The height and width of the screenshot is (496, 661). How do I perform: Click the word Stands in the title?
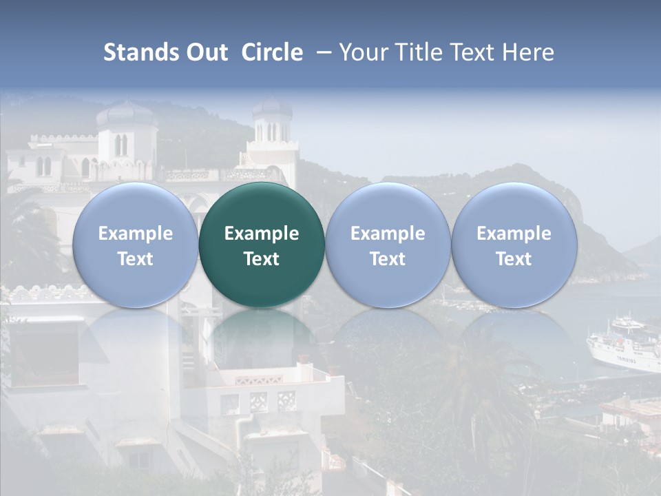[x=140, y=52]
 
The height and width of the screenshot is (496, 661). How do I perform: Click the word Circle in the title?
[x=272, y=52]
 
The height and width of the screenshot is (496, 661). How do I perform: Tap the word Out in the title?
[x=205, y=52]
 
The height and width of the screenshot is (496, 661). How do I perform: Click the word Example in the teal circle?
[x=262, y=234]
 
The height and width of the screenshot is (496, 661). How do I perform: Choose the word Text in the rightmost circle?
[x=514, y=259]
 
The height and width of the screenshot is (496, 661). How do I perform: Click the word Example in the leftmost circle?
[x=135, y=234]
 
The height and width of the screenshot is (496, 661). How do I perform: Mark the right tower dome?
[x=273, y=108]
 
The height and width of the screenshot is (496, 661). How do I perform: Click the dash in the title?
[x=321, y=52]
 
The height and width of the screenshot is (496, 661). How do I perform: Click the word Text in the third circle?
[x=388, y=259]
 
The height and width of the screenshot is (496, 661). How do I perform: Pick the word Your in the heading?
[x=361, y=52]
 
